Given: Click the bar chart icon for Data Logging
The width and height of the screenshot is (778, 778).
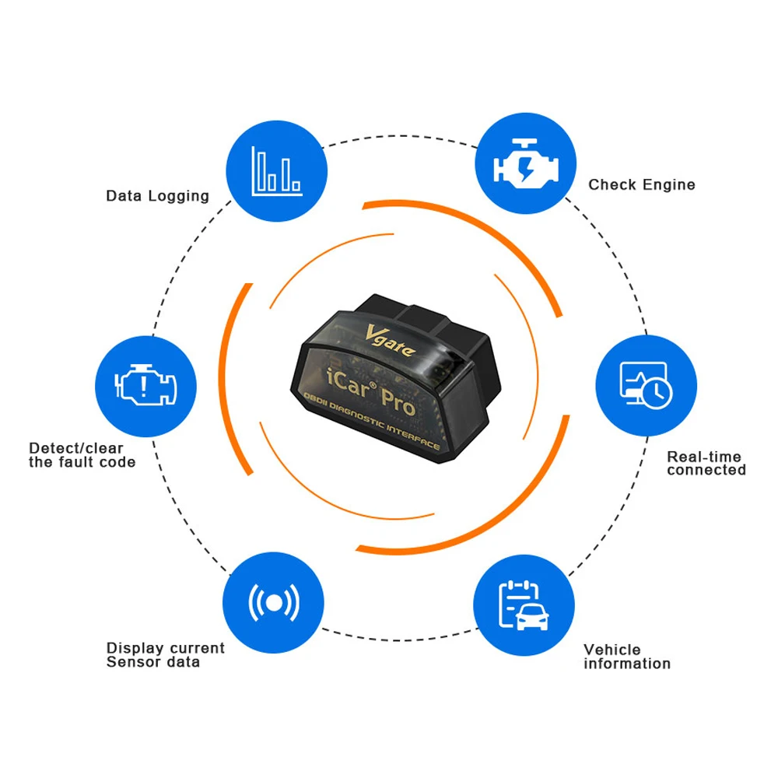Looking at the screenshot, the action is pos(277,171).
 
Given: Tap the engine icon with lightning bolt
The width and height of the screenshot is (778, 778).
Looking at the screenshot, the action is pos(526,163).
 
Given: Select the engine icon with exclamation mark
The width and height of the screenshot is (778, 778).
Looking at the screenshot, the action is pos(145,385).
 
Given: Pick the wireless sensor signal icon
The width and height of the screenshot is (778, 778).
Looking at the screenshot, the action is pos(274,603).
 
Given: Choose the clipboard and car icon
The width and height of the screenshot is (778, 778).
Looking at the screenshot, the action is pos(524,605).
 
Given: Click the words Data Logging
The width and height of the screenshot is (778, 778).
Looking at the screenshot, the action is pos(157,196).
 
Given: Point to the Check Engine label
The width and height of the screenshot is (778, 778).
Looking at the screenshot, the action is pos(642,185).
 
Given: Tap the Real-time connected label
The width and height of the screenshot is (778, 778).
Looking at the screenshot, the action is pos(706,464).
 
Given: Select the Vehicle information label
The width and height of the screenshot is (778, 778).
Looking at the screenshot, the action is pos(626,657).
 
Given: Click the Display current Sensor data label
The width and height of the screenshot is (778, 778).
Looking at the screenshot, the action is pos(165,655).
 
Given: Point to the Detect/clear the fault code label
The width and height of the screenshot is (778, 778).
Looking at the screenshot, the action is pos(82,455).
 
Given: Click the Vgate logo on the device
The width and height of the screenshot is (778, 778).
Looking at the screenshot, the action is pos(390,341).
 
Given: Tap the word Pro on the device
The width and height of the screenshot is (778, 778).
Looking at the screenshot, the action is pos(398,401).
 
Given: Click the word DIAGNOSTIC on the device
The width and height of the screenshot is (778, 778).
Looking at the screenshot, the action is pos(357,415).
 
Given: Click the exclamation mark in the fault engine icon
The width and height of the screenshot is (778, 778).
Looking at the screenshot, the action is pos(144,386).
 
